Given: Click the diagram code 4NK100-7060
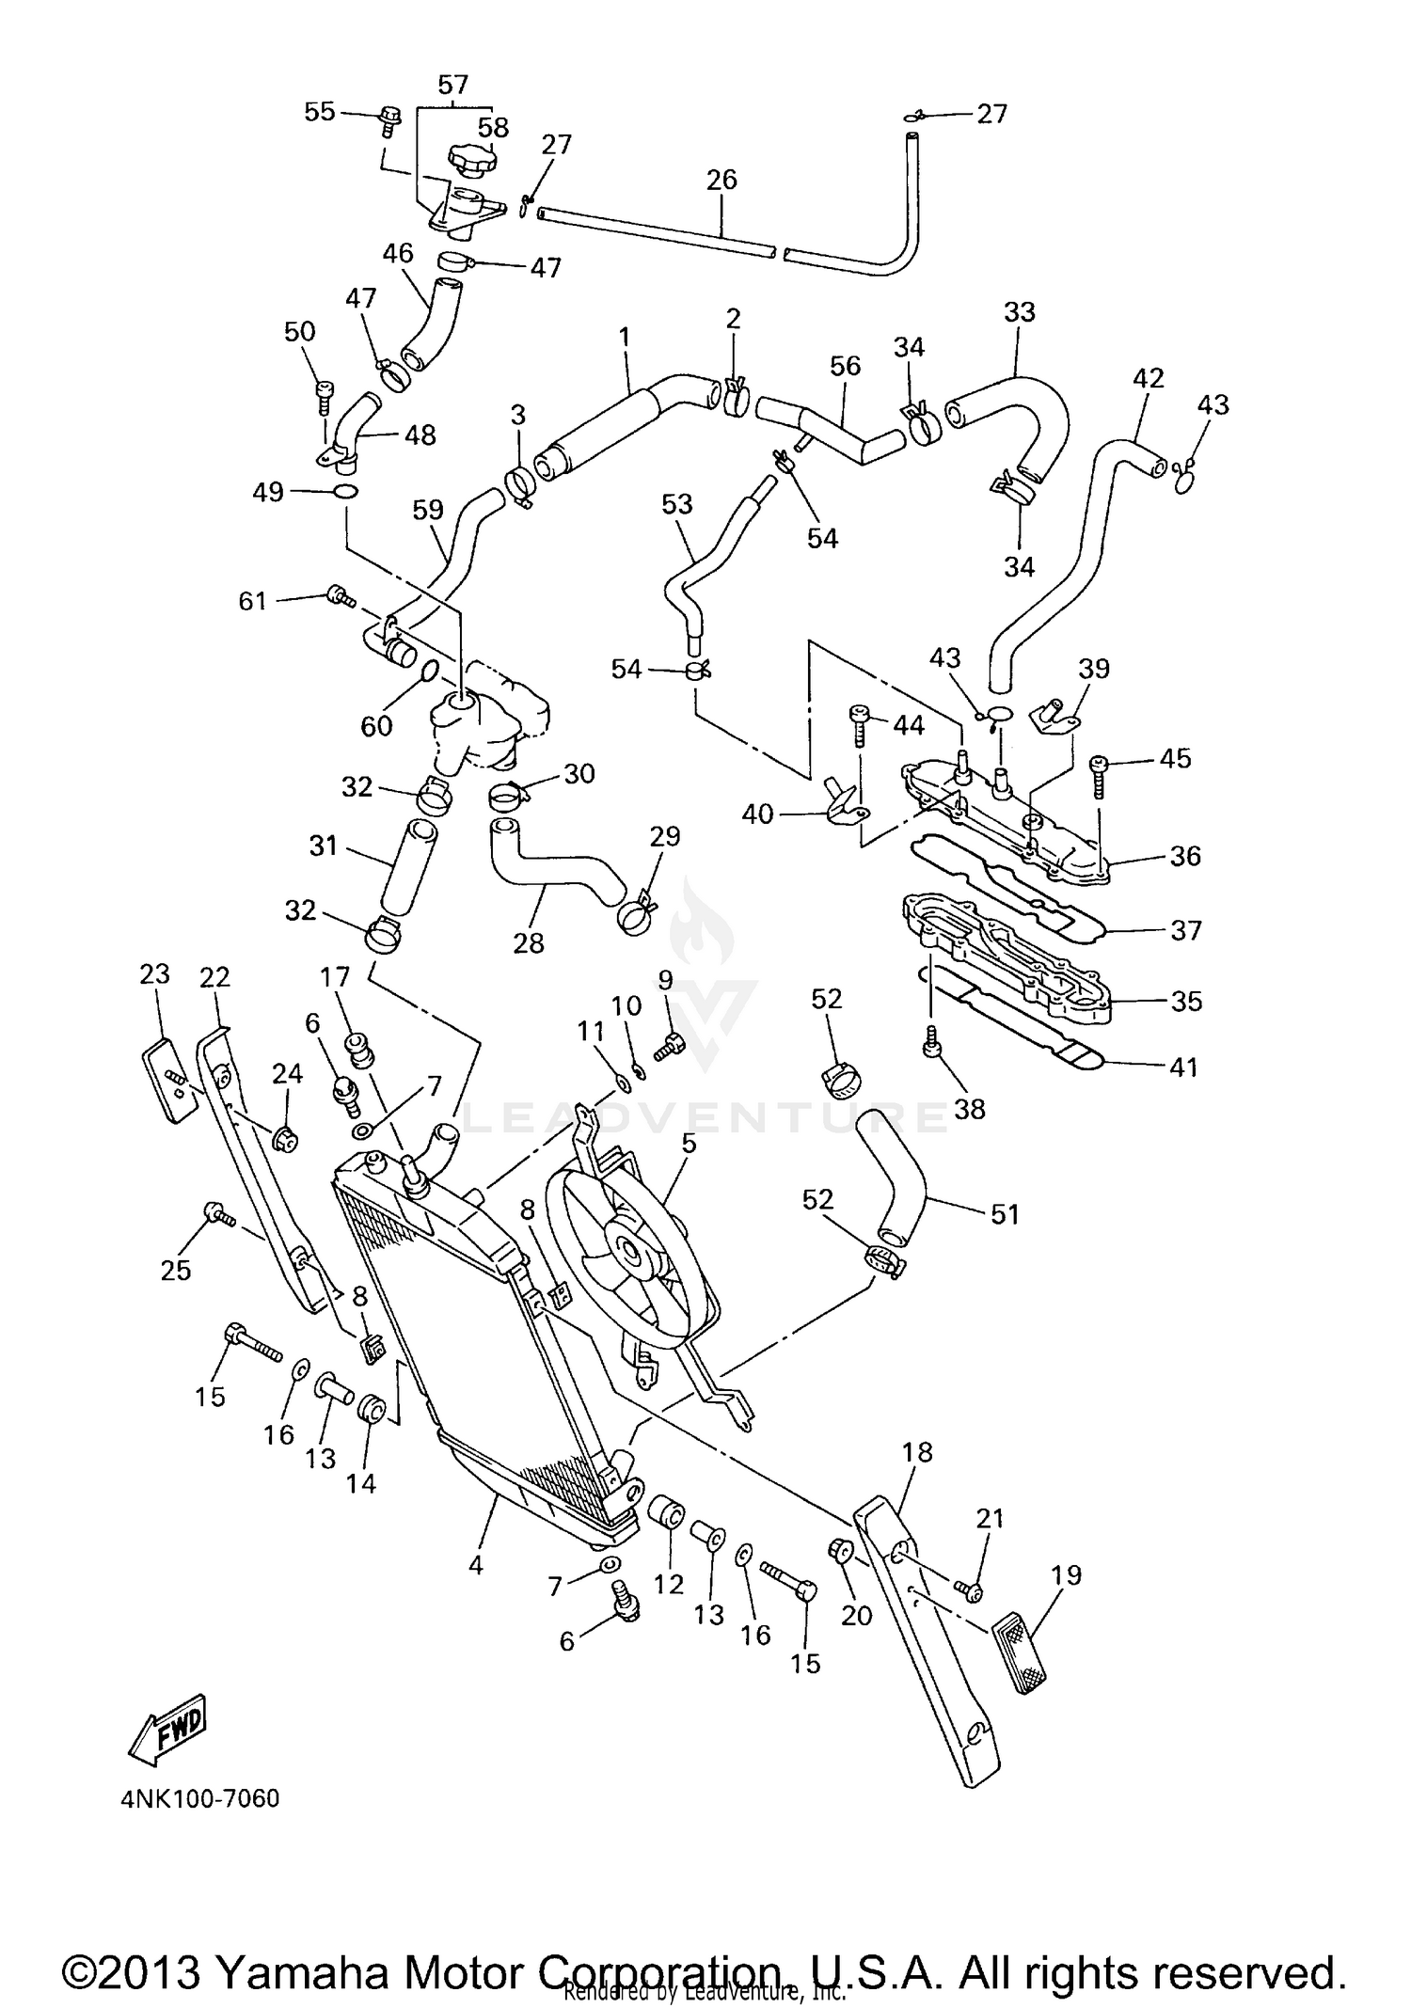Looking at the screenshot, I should tap(200, 1798).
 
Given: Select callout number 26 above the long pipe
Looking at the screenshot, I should tap(721, 180).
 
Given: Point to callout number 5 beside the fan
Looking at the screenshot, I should tap(689, 1144).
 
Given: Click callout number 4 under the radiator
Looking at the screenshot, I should tap(476, 1565).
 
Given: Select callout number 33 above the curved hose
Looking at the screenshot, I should tap(1020, 312).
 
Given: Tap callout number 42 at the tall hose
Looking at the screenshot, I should tap(1149, 378).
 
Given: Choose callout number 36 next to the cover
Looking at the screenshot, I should tap(1185, 856).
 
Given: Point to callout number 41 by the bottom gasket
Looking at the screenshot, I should tap(1183, 1067).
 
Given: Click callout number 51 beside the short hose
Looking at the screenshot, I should tap(1005, 1214).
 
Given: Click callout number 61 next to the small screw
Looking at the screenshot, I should tap(253, 600).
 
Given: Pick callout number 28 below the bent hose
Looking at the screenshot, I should tap(529, 942).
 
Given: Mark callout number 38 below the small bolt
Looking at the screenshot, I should tap(970, 1109).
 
